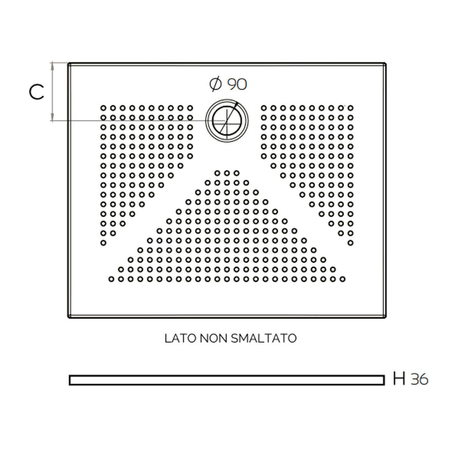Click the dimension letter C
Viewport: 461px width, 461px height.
tap(36, 92)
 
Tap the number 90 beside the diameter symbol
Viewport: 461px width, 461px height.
tap(237, 84)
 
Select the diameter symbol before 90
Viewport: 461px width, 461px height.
tap(216, 84)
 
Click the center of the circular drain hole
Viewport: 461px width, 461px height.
tap(227, 120)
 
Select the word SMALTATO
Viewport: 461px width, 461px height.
tap(264, 338)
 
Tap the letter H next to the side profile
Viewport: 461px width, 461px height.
tap(399, 379)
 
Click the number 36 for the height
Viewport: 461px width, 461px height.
tap(420, 379)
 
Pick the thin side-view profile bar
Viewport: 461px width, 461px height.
tap(226, 380)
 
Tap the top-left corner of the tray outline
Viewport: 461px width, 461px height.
tap(69, 63)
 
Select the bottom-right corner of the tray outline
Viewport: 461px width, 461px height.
tap(386, 317)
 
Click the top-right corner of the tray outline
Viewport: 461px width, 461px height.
tap(386, 63)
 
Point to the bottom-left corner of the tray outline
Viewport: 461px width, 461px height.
tap(69, 317)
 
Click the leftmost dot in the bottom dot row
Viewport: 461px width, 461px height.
tap(111, 279)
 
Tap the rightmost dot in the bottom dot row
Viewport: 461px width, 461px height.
tap(342, 279)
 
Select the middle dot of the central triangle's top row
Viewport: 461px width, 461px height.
tap(226, 173)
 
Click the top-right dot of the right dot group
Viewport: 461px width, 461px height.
tap(350, 108)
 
